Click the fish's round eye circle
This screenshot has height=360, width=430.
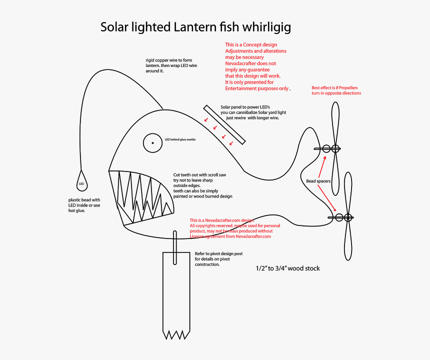pyautogui.click(x=153, y=143)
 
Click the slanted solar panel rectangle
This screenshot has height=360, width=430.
pyautogui.click(x=224, y=125)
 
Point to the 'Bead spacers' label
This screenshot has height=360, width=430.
pyautogui.click(x=318, y=181)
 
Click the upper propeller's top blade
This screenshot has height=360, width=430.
pyautogui.click(x=335, y=123)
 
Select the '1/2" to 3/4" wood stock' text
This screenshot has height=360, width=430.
pyautogui.click(x=287, y=268)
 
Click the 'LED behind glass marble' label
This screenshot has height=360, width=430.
pyautogui.click(x=180, y=139)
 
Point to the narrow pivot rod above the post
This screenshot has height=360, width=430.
pyautogui.click(x=175, y=247)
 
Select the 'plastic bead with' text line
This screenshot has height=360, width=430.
pyautogui.click(x=84, y=200)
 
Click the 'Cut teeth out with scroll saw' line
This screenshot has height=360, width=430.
pyautogui.click(x=199, y=174)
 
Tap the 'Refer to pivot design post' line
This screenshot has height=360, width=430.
pyautogui.click(x=218, y=254)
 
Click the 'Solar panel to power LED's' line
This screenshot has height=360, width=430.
pyautogui.click(x=245, y=107)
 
